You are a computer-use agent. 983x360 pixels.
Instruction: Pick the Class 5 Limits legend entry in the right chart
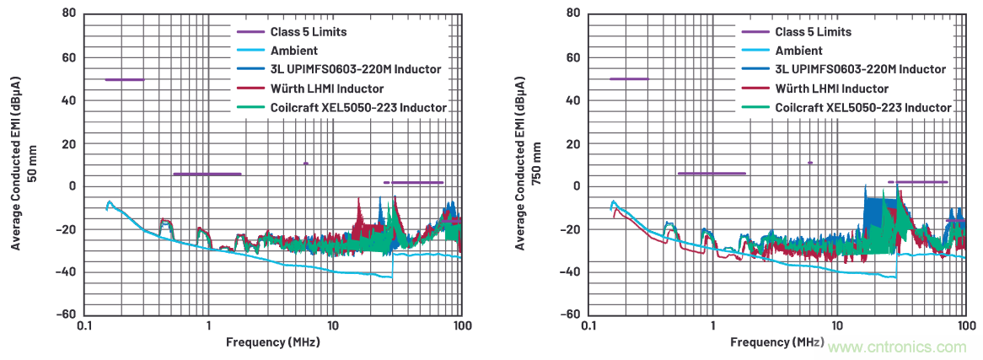[813, 32]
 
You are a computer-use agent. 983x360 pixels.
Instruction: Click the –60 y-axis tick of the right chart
[571, 314]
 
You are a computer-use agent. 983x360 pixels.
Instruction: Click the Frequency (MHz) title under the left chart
[272, 342]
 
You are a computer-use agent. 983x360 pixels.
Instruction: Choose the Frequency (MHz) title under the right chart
[776, 342]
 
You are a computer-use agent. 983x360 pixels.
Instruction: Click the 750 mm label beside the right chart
[538, 163]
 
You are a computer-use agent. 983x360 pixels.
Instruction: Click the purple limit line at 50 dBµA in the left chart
[124, 79]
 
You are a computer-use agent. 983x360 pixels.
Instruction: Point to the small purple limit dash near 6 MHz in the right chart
[810, 163]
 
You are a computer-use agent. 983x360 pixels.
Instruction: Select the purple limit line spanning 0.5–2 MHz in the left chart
[207, 174]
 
